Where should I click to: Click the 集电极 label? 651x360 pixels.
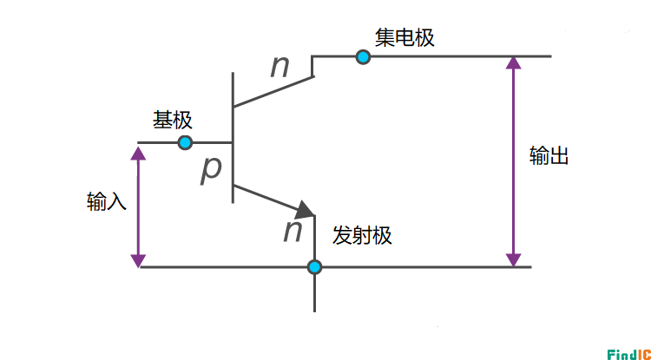click(404, 38)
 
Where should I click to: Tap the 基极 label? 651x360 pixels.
click(173, 120)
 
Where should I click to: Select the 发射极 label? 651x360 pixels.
click(362, 235)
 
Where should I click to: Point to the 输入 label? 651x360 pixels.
click(107, 202)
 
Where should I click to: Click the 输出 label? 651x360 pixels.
click(549, 157)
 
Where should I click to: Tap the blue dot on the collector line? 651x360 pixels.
click(363, 57)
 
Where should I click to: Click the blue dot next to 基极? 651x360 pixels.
click(185, 142)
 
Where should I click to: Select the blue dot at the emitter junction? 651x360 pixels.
click(314, 267)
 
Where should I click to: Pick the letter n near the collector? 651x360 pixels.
click(279, 67)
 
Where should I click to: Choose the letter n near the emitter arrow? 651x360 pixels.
click(293, 230)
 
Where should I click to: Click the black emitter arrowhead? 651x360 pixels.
click(306, 210)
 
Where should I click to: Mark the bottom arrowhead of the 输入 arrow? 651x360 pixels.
click(138, 259)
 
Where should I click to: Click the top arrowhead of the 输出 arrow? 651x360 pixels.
click(514, 64)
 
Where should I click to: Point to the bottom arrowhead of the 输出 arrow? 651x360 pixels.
click(514, 259)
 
